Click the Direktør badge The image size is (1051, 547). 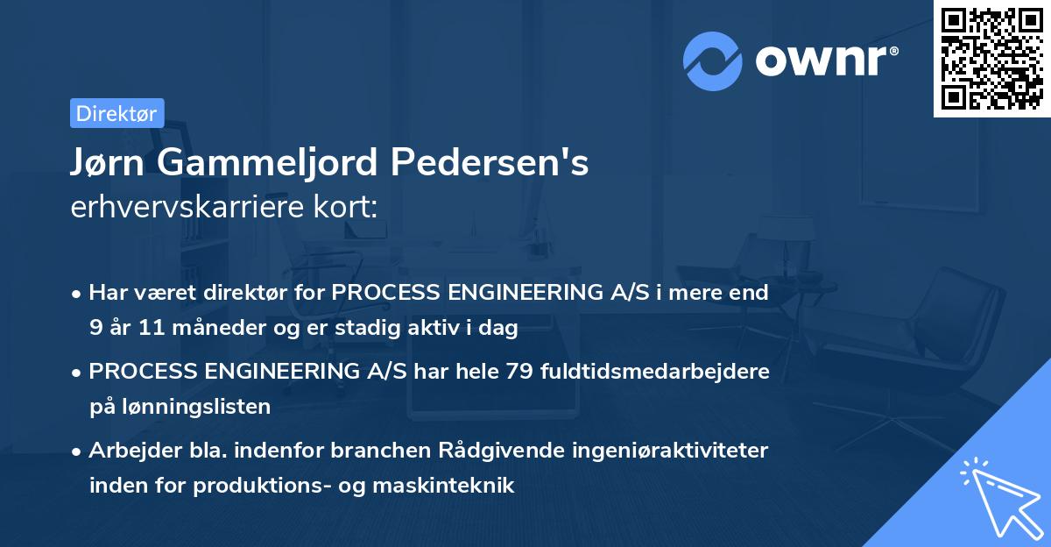[x=116, y=112]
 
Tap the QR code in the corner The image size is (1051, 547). [x=991, y=58]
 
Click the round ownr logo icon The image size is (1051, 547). [x=713, y=60]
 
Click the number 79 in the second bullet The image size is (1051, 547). [x=516, y=371]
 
